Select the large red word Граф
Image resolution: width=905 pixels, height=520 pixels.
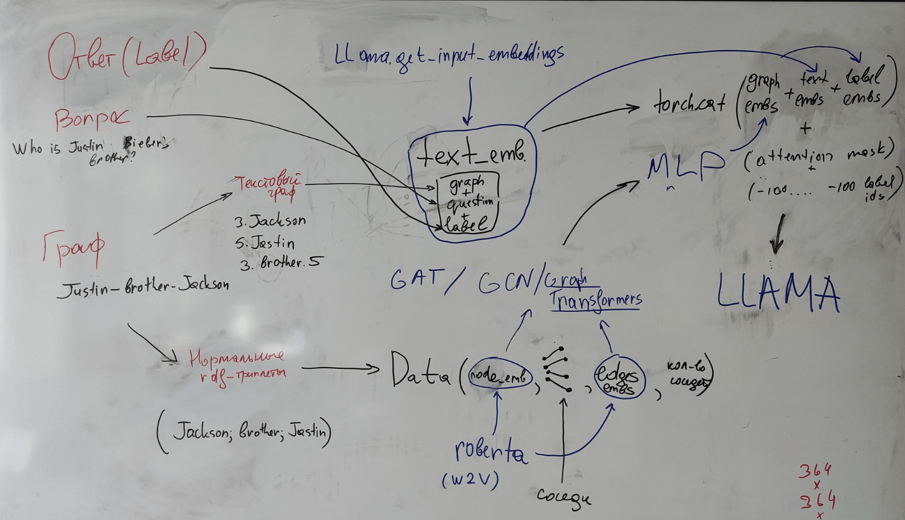74,248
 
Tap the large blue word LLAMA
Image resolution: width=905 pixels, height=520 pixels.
778,292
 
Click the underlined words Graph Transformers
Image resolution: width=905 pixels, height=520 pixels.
593,290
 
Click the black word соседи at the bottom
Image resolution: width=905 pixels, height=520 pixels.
564,497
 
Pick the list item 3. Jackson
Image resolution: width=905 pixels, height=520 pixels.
270,222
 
